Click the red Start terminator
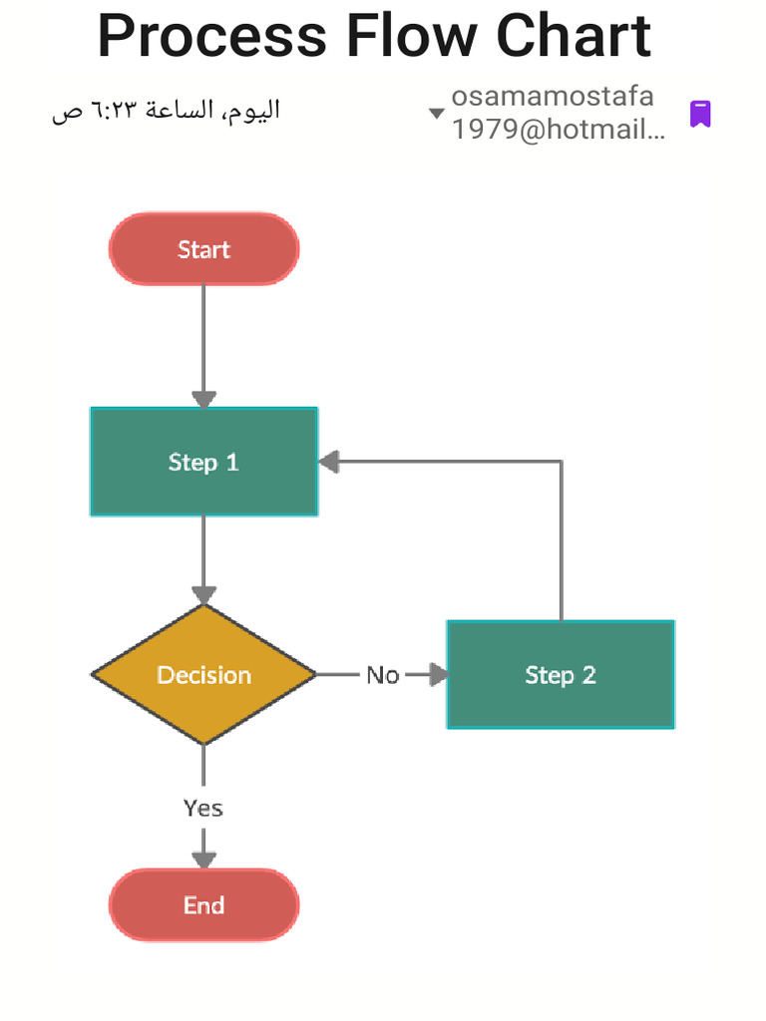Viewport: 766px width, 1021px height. (203, 249)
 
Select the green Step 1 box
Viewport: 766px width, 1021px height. (203, 462)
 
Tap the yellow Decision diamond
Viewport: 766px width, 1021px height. (203, 675)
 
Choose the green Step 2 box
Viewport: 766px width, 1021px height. (561, 675)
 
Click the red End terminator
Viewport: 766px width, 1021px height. (203, 905)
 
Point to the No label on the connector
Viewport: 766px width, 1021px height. (382, 675)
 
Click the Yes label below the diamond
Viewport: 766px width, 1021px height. (203, 808)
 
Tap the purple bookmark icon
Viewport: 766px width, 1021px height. (700, 114)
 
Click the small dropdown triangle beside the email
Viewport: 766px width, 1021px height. (436, 114)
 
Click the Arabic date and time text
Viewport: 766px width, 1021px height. (166, 111)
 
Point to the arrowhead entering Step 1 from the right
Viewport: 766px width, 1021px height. (329, 462)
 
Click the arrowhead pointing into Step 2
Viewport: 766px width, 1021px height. (438, 675)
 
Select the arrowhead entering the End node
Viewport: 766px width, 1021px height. (203, 859)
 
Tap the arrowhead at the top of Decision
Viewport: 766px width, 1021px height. (203, 595)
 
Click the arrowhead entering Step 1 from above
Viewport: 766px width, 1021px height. (203, 399)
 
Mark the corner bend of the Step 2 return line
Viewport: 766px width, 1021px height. (561, 462)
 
